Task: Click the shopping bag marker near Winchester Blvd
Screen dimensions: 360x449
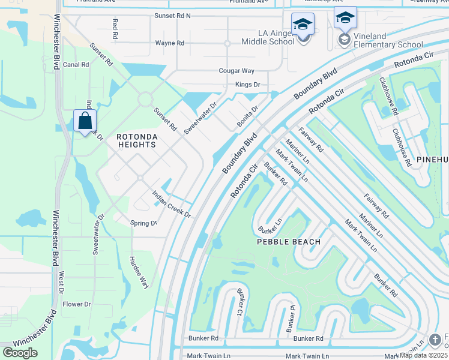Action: (85, 122)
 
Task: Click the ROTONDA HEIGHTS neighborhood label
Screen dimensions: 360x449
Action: (137, 141)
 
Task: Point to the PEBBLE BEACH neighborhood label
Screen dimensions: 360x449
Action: (289, 242)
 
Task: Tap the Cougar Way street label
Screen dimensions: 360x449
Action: (237, 71)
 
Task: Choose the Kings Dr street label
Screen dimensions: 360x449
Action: (248, 85)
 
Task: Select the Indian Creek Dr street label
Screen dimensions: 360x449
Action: (171, 205)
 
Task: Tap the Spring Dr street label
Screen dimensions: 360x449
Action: (143, 223)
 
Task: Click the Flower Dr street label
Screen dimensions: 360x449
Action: (77, 304)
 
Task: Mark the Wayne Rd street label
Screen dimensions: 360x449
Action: (169, 43)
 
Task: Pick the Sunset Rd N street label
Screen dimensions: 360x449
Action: (172, 16)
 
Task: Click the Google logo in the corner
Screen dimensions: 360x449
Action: (20, 353)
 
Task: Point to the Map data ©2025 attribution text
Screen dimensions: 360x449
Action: (424, 355)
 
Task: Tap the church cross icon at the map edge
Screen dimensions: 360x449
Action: (435, 340)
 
